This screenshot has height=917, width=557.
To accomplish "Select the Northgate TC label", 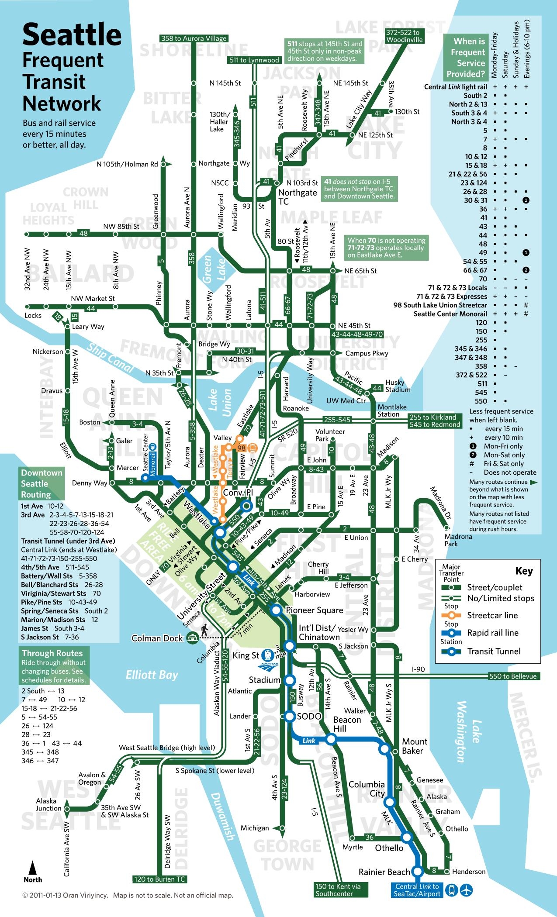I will pos(298,197).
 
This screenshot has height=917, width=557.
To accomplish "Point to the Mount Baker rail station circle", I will pos(385,749).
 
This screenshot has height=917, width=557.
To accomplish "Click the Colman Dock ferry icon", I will pos(191,638).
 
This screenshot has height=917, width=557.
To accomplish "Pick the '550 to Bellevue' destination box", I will pos(513,676).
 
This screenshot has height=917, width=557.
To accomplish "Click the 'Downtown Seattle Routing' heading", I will pos(42,484).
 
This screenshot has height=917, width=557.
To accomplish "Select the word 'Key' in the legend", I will pos(524,571).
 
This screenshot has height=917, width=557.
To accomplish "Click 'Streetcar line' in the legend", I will pos(492,615).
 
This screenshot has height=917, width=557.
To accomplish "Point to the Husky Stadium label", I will pos(398,386).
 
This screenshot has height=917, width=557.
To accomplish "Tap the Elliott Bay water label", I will pos(152,675).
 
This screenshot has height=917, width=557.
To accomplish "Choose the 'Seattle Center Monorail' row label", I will pos(450,314).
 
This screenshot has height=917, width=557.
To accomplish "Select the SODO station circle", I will pos(290,716).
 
